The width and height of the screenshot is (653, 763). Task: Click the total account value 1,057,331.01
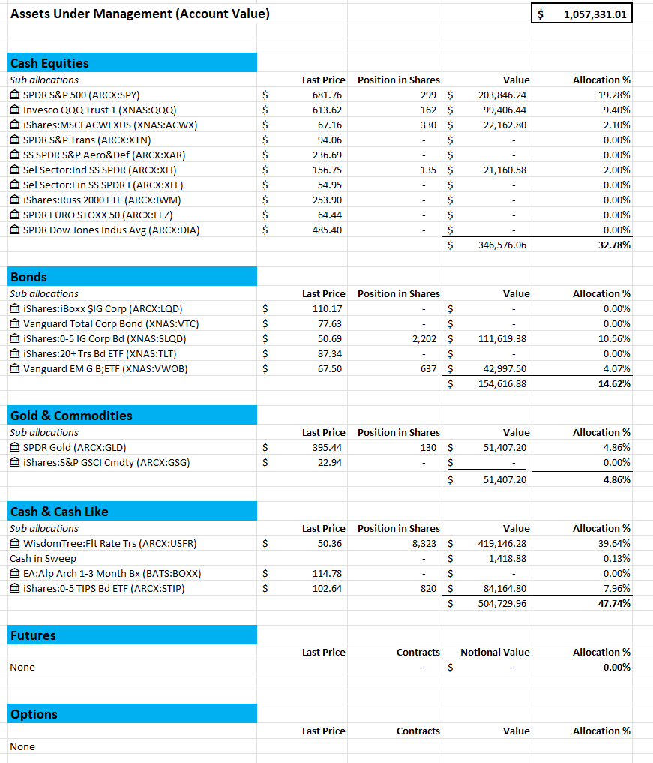(x=596, y=14)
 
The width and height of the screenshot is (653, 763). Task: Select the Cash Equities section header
(x=49, y=63)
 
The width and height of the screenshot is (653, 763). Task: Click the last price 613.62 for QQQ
(x=327, y=110)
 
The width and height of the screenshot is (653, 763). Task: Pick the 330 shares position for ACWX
(x=428, y=125)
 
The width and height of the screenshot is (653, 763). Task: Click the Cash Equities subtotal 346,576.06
(x=502, y=245)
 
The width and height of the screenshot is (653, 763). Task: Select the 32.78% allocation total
(x=614, y=245)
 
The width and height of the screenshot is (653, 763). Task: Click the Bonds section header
(x=28, y=277)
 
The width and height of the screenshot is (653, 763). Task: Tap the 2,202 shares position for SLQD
(x=424, y=338)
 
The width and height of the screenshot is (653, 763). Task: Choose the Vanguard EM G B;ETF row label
(x=105, y=368)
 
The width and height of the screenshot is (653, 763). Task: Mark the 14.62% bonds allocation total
(x=614, y=383)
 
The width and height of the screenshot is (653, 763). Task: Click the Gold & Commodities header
(x=71, y=416)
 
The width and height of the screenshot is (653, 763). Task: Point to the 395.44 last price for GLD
(x=327, y=447)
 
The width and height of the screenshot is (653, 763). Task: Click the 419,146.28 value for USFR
(x=502, y=543)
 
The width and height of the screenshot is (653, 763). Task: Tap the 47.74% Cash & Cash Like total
(x=614, y=603)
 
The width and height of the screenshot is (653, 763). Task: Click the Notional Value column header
(x=495, y=652)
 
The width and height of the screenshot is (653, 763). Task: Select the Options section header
(x=34, y=714)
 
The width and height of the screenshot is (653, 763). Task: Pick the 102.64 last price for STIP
(x=327, y=588)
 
